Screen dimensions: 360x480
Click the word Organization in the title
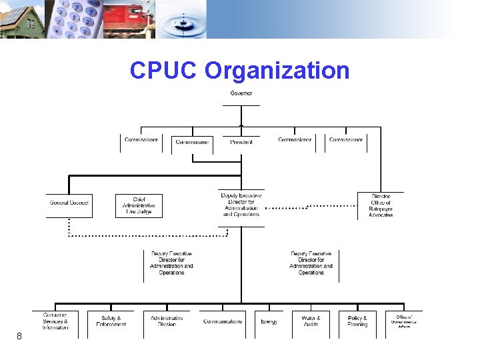pos(277,70)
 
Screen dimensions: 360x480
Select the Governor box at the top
pos(241,94)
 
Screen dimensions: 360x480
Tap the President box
pos(241,141)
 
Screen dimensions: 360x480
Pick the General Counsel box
pos(69,203)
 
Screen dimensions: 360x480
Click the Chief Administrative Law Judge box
pos(139,205)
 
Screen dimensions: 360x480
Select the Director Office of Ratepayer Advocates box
pos(380,205)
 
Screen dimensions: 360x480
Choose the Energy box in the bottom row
pos(269,321)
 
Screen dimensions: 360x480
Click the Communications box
pos(223,321)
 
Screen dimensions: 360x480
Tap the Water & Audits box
pos(311,321)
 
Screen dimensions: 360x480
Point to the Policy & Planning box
pos(357,321)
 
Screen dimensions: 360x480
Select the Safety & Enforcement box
pos(111,321)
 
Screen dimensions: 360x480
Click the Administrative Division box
pos(167,321)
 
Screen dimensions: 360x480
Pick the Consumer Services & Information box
pos(55,321)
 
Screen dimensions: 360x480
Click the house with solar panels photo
pos(21,19)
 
